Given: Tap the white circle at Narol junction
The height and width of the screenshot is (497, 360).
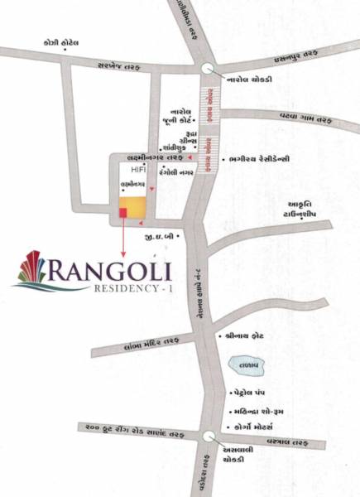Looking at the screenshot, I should (206, 70).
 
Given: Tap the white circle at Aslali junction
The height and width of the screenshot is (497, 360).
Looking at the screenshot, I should (207, 436).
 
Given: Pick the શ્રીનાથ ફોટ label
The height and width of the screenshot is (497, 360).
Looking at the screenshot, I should (246, 337).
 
